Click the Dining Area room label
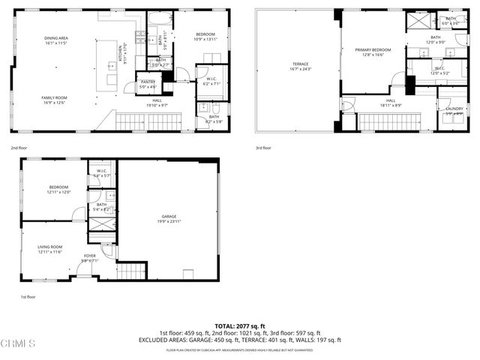(x=56, y=38)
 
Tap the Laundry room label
(x=454, y=109)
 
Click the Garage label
(x=169, y=217)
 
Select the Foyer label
(x=90, y=256)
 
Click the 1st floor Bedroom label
(x=59, y=187)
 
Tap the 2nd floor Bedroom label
(x=205, y=35)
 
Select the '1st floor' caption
(x=28, y=297)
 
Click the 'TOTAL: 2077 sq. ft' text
(x=240, y=326)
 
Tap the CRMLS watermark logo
(x=18, y=344)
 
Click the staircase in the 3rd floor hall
(x=385, y=121)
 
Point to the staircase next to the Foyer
(x=130, y=271)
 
